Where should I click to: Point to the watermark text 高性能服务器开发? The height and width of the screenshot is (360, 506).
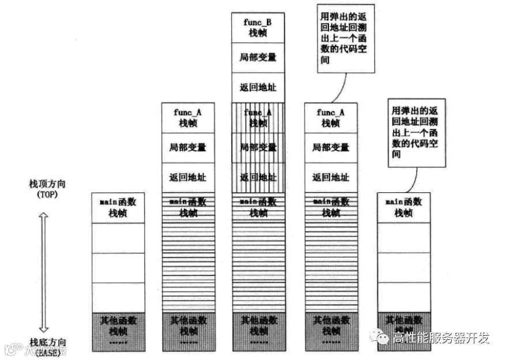click(x=441, y=338)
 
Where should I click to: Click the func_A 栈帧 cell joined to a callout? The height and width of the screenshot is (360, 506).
click(x=331, y=118)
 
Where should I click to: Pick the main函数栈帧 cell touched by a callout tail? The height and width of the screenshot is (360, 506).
click(x=403, y=207)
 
